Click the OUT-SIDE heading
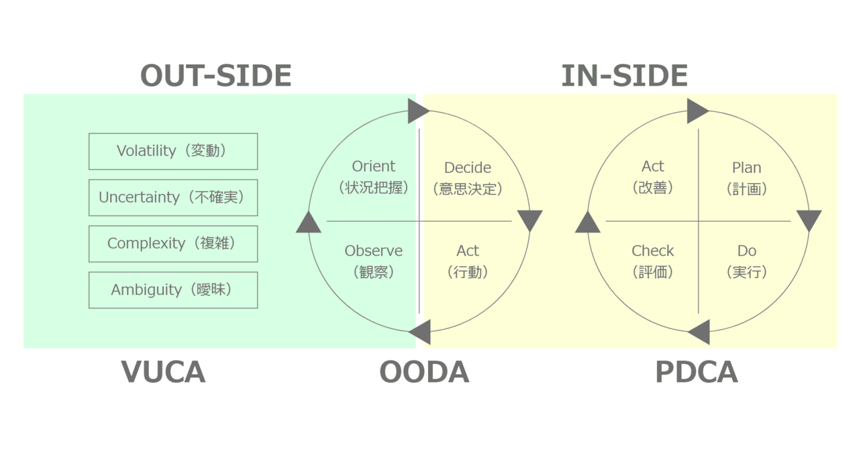[x=215, y=76]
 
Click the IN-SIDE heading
[x=624, y=76]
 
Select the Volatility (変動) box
[x=173, y=151]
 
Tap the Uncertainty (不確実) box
[x=173, y=198]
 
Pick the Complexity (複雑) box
[x=173, y=244]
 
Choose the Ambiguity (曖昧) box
[x=173, y=290]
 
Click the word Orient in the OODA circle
[x=374, y=166]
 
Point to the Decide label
[x=468, y=168]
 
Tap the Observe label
[x=374, y=251]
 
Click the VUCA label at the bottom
[x=163, y=373]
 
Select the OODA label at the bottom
[x=424, y=373]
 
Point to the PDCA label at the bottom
[x=697, y=373]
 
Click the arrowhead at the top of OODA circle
[x=417, y=111]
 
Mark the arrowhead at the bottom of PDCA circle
[x=700, y=332]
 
